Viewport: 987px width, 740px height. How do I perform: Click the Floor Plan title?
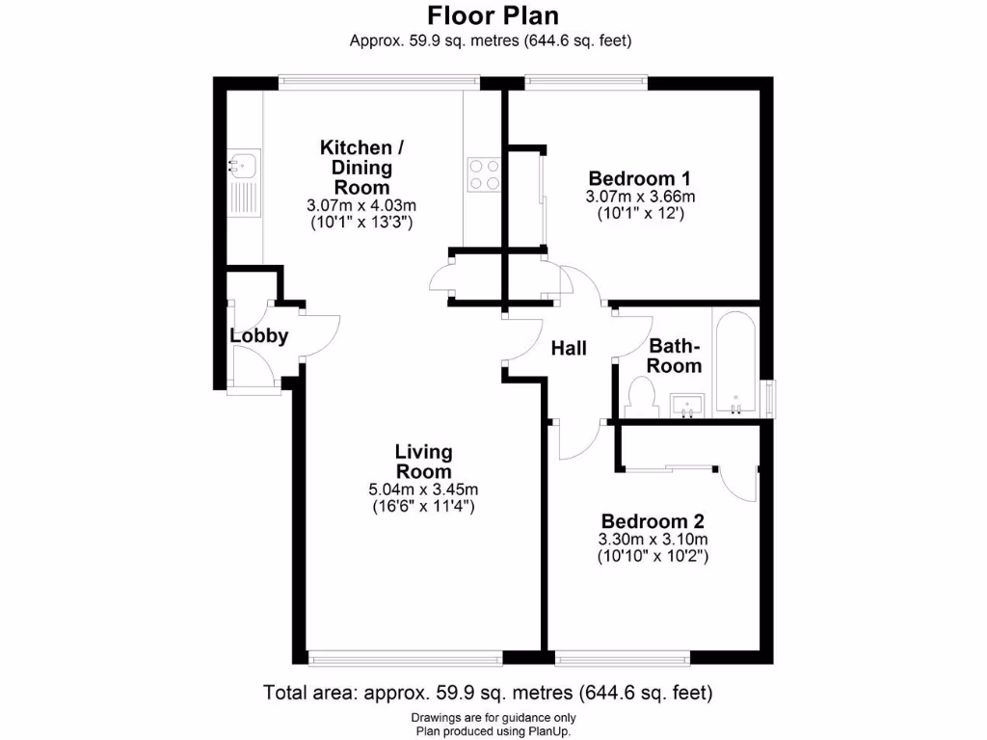click(x=493, y=16)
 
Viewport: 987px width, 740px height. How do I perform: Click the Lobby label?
click(x=258, y=336)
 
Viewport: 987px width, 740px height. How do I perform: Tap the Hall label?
click(x=569, y=349)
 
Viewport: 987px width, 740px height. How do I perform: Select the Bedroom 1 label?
click(x=639, y=178)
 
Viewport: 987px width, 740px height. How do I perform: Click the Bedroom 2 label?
click(x=654, y=521)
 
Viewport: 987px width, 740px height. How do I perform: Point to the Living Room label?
click(x=423, y=462)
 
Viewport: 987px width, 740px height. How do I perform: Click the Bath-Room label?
click(x=674, y=356)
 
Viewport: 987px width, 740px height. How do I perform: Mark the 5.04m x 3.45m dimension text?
click(x=423, y=489)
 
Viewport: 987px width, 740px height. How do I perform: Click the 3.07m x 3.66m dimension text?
click(x=639, y=197)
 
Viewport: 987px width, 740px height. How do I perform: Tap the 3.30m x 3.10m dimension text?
click(x=654, y=540)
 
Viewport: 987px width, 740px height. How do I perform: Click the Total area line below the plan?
click(x=488, y=692)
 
